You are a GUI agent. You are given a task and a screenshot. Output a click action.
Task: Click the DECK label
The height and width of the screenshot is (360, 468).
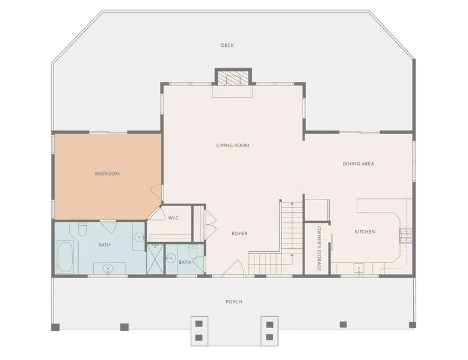(227, 45)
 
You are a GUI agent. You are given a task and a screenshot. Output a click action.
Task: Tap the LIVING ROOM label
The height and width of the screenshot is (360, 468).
(233, 145)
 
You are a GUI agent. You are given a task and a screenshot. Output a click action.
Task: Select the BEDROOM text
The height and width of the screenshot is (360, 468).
(107, 174)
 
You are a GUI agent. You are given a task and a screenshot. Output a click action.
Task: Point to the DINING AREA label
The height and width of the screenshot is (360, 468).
(358, 163)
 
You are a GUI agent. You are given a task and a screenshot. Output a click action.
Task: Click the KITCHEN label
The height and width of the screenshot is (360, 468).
(365, 232)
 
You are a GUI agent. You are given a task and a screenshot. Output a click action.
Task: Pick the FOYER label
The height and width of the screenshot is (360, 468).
(239, 234)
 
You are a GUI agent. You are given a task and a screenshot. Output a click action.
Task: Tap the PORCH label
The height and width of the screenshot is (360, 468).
(234, 302)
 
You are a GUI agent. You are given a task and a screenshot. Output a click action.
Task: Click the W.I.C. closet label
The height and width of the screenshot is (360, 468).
(174, 218)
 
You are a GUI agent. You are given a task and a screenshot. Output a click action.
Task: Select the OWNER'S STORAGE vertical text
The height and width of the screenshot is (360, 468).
(319, 249)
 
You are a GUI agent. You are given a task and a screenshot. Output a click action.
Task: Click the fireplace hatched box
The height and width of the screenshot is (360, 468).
(233, 78)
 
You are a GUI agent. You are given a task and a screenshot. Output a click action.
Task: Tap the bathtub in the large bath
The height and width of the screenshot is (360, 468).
(64, 257)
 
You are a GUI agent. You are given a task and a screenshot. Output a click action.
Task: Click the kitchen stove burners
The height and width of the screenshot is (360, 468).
(406, 236)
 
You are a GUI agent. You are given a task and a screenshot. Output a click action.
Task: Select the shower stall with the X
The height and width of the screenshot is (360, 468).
(156, 258)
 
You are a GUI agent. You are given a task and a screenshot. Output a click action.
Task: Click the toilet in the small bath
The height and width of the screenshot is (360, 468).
(193, 251)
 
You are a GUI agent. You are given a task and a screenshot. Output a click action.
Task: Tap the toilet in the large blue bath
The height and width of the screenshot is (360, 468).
(82, 229)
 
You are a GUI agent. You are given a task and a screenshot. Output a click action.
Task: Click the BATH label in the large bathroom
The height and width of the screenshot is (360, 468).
(105, 245)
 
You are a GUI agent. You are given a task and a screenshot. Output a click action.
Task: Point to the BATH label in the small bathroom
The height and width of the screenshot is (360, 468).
(185, 262)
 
